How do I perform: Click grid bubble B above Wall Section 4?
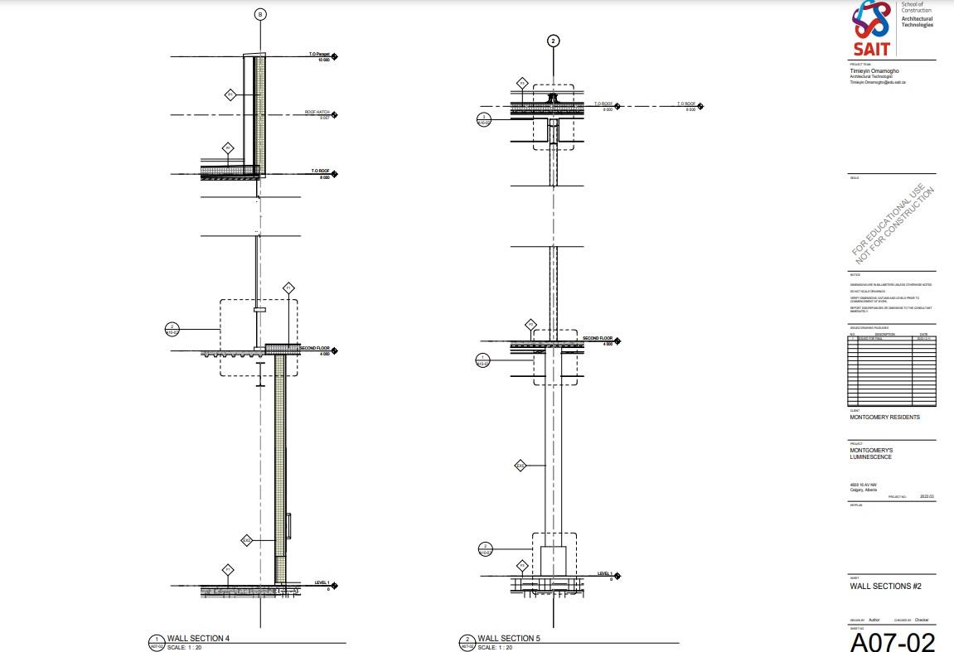tap(260, 14)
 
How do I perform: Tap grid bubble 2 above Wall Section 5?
tap(554, 40)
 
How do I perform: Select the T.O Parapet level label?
tap(320, 55)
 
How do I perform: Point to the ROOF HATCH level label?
tap(317, 112)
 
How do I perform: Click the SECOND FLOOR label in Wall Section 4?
tap(316, 348)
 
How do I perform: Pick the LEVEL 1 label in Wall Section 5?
tap(605, 573)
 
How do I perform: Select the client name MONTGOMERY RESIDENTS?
tap(884, 418)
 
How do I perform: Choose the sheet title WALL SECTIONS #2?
tap(886, 587)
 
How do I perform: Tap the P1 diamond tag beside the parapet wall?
tap(230, 95)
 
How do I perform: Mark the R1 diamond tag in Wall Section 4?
tap(228, 148)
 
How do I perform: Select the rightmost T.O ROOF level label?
tap(686, 104)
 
